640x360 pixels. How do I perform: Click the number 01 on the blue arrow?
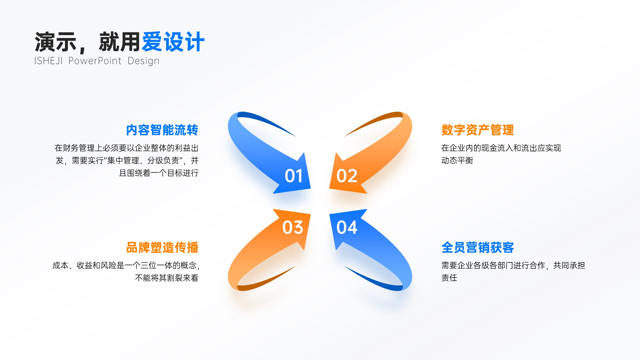[294, 176]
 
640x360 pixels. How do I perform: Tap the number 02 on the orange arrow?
[347, 176]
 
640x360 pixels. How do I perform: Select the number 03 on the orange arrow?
[293, 228]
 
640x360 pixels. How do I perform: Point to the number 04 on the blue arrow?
[347, 228]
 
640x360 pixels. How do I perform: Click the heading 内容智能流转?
[162, 130]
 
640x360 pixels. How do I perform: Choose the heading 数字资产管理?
[478, 130]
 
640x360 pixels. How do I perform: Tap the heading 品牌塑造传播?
[162, 248]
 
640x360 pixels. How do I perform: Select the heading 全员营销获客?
[478, 248]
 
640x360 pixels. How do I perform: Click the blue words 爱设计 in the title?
[173, 42]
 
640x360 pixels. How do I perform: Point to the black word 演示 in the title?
[56, 42]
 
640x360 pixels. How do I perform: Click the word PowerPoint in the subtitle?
[95, 61]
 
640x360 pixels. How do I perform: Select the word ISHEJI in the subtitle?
[48, 61]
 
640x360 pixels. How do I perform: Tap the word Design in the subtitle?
[143, 61]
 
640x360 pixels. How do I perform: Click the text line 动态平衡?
[457, 160]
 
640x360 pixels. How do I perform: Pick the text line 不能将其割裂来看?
[167, 278]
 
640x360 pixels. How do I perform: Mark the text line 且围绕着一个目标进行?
[159, 173]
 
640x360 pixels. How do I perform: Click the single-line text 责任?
[449, 278]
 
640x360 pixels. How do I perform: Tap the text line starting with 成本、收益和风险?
[126, 265]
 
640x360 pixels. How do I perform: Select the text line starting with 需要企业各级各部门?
[513, 265]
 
